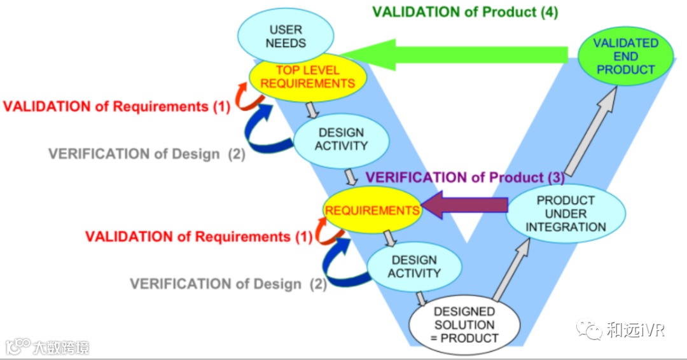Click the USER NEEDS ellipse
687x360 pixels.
tap(286, 36)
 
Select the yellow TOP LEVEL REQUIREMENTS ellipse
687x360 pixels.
tap(308, 77)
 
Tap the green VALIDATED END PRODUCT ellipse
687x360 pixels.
tap(626, 57)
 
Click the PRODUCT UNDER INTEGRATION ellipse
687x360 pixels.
tap(566, 214)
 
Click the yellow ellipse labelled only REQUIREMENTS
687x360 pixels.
tap(371, 211)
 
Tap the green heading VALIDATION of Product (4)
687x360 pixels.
tap(465, 12)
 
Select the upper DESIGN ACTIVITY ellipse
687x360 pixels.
tap(342, 140)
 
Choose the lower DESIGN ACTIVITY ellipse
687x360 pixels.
tap(414, 267)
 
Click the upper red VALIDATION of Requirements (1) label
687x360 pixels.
tap(116, 106)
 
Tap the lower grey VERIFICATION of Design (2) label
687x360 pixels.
tap(228, 284)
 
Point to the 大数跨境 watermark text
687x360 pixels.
tap(61, 347)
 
